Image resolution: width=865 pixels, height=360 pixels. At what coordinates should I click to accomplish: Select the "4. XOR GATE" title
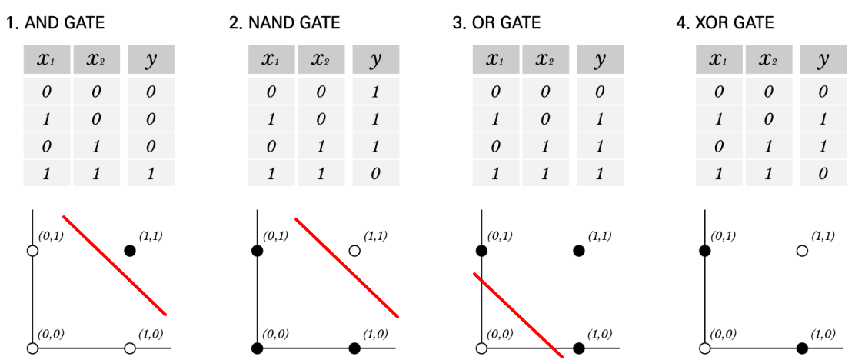[x=724, y=23]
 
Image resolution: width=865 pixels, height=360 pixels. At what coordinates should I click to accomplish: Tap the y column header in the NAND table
[x=375, y=60]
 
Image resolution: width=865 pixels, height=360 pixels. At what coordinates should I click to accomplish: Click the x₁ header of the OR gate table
[x=495, y=60]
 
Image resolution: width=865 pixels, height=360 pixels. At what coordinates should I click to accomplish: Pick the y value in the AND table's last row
[x=151, y=174]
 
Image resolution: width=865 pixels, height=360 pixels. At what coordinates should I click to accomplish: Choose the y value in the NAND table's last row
[x=375, y=174]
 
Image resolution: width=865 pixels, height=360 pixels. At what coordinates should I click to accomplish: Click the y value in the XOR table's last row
[x=823, y=174]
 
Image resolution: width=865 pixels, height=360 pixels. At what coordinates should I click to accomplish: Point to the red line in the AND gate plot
[x=114, y=265]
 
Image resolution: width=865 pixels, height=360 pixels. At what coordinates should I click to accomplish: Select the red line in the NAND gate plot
[x=346, y=267]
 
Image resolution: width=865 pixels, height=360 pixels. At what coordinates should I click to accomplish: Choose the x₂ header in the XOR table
[x=769, y=60]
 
